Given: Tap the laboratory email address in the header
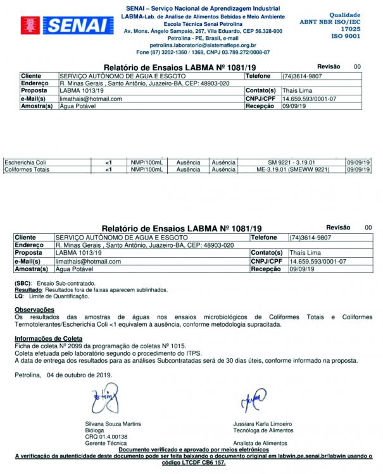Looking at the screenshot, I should tap(203, 46).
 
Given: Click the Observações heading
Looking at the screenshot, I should tap(34, 310).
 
